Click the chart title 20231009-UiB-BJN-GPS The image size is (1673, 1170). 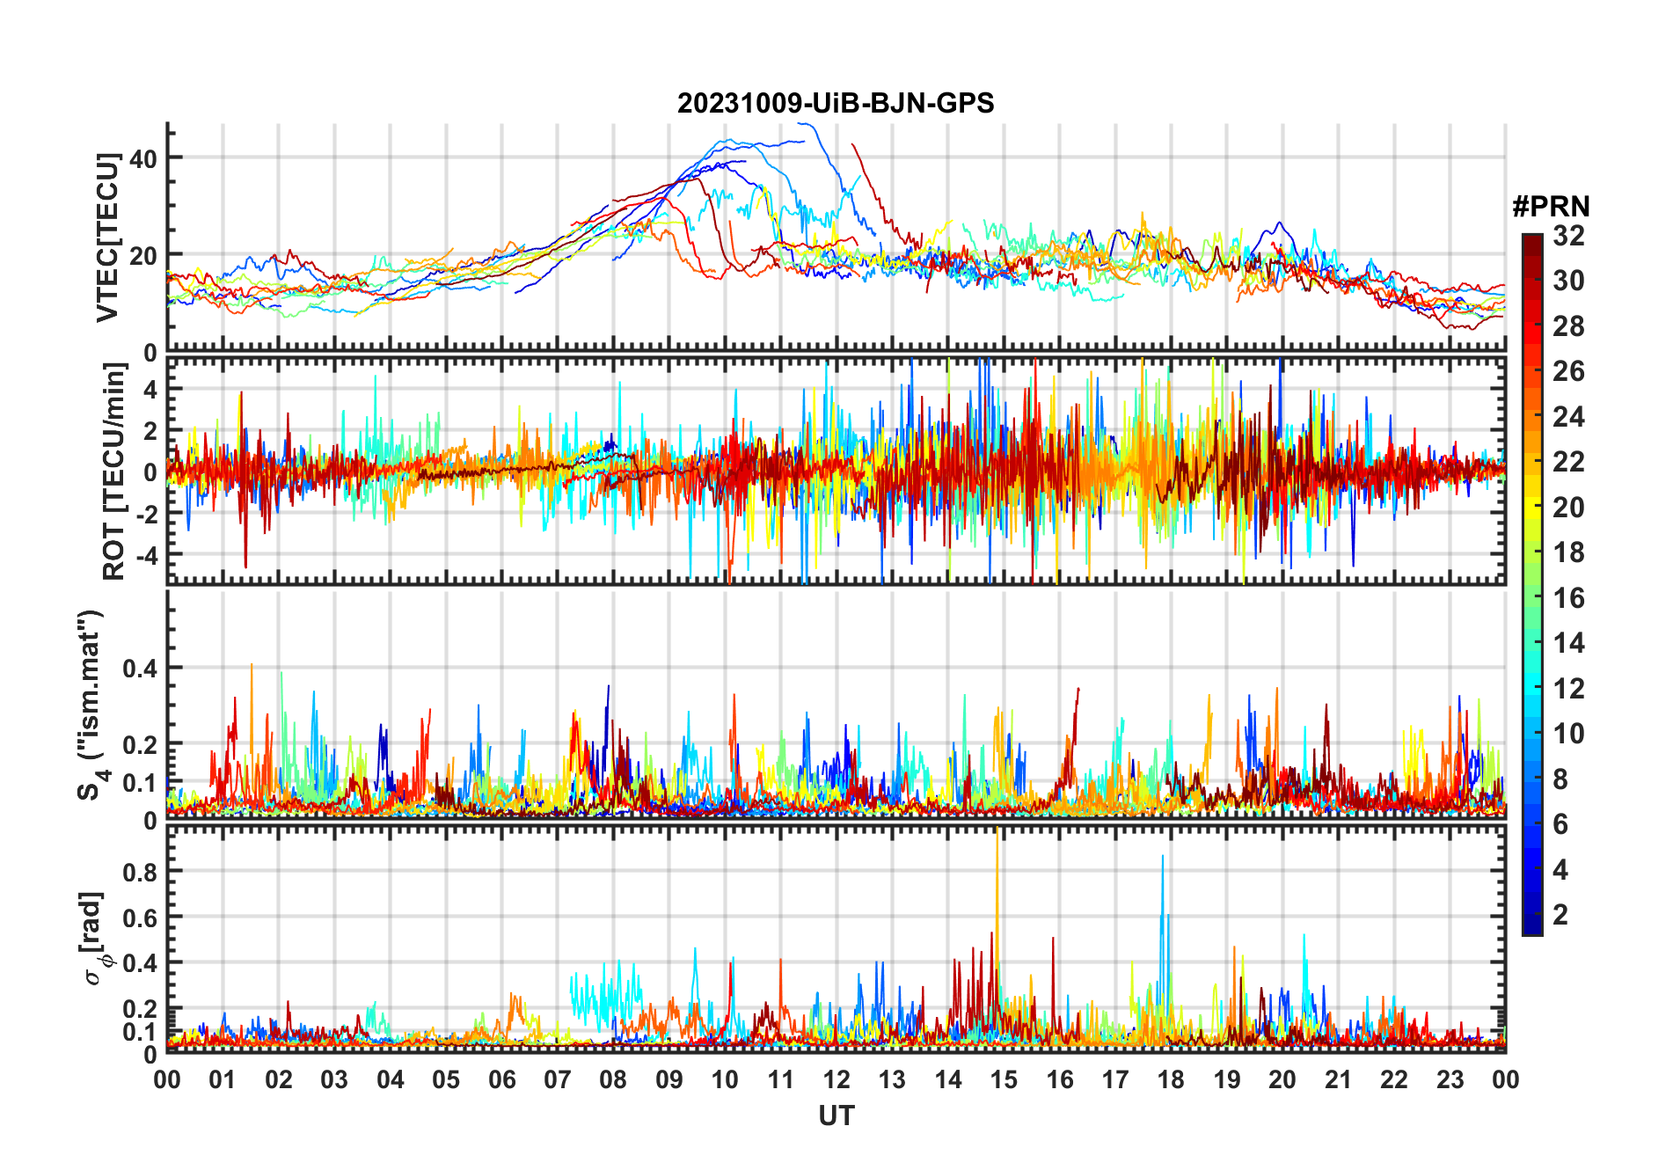836,104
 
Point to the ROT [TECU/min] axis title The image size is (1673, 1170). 114,471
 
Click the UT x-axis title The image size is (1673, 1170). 836,1116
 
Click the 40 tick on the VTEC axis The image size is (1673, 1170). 143,159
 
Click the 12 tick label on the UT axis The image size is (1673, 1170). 836,1080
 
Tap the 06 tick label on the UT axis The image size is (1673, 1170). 501,1080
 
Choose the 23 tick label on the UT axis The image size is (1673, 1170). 1450,1080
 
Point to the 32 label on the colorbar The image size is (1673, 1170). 1568,236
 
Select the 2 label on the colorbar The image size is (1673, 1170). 1560,915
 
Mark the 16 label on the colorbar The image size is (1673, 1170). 1568,598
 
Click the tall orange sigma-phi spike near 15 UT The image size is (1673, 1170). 997,845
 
